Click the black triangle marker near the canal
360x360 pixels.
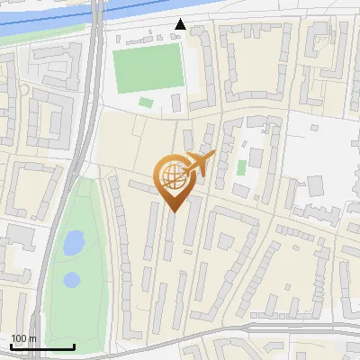pos(181,24)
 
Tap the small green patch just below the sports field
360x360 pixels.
pos(146,102)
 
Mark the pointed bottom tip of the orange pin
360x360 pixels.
pos(175,211)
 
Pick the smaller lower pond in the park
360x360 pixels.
pos(71,280)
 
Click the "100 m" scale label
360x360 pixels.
pos(24,338)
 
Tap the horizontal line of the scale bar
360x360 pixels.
pos(42,347)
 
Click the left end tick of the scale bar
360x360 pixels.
pos(11,346)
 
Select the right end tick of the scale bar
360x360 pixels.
pos(74,346)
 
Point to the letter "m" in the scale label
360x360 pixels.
pos(33,338)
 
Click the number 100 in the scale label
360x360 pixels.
pos(19,338)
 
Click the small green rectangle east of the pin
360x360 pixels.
pos(241,167)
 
